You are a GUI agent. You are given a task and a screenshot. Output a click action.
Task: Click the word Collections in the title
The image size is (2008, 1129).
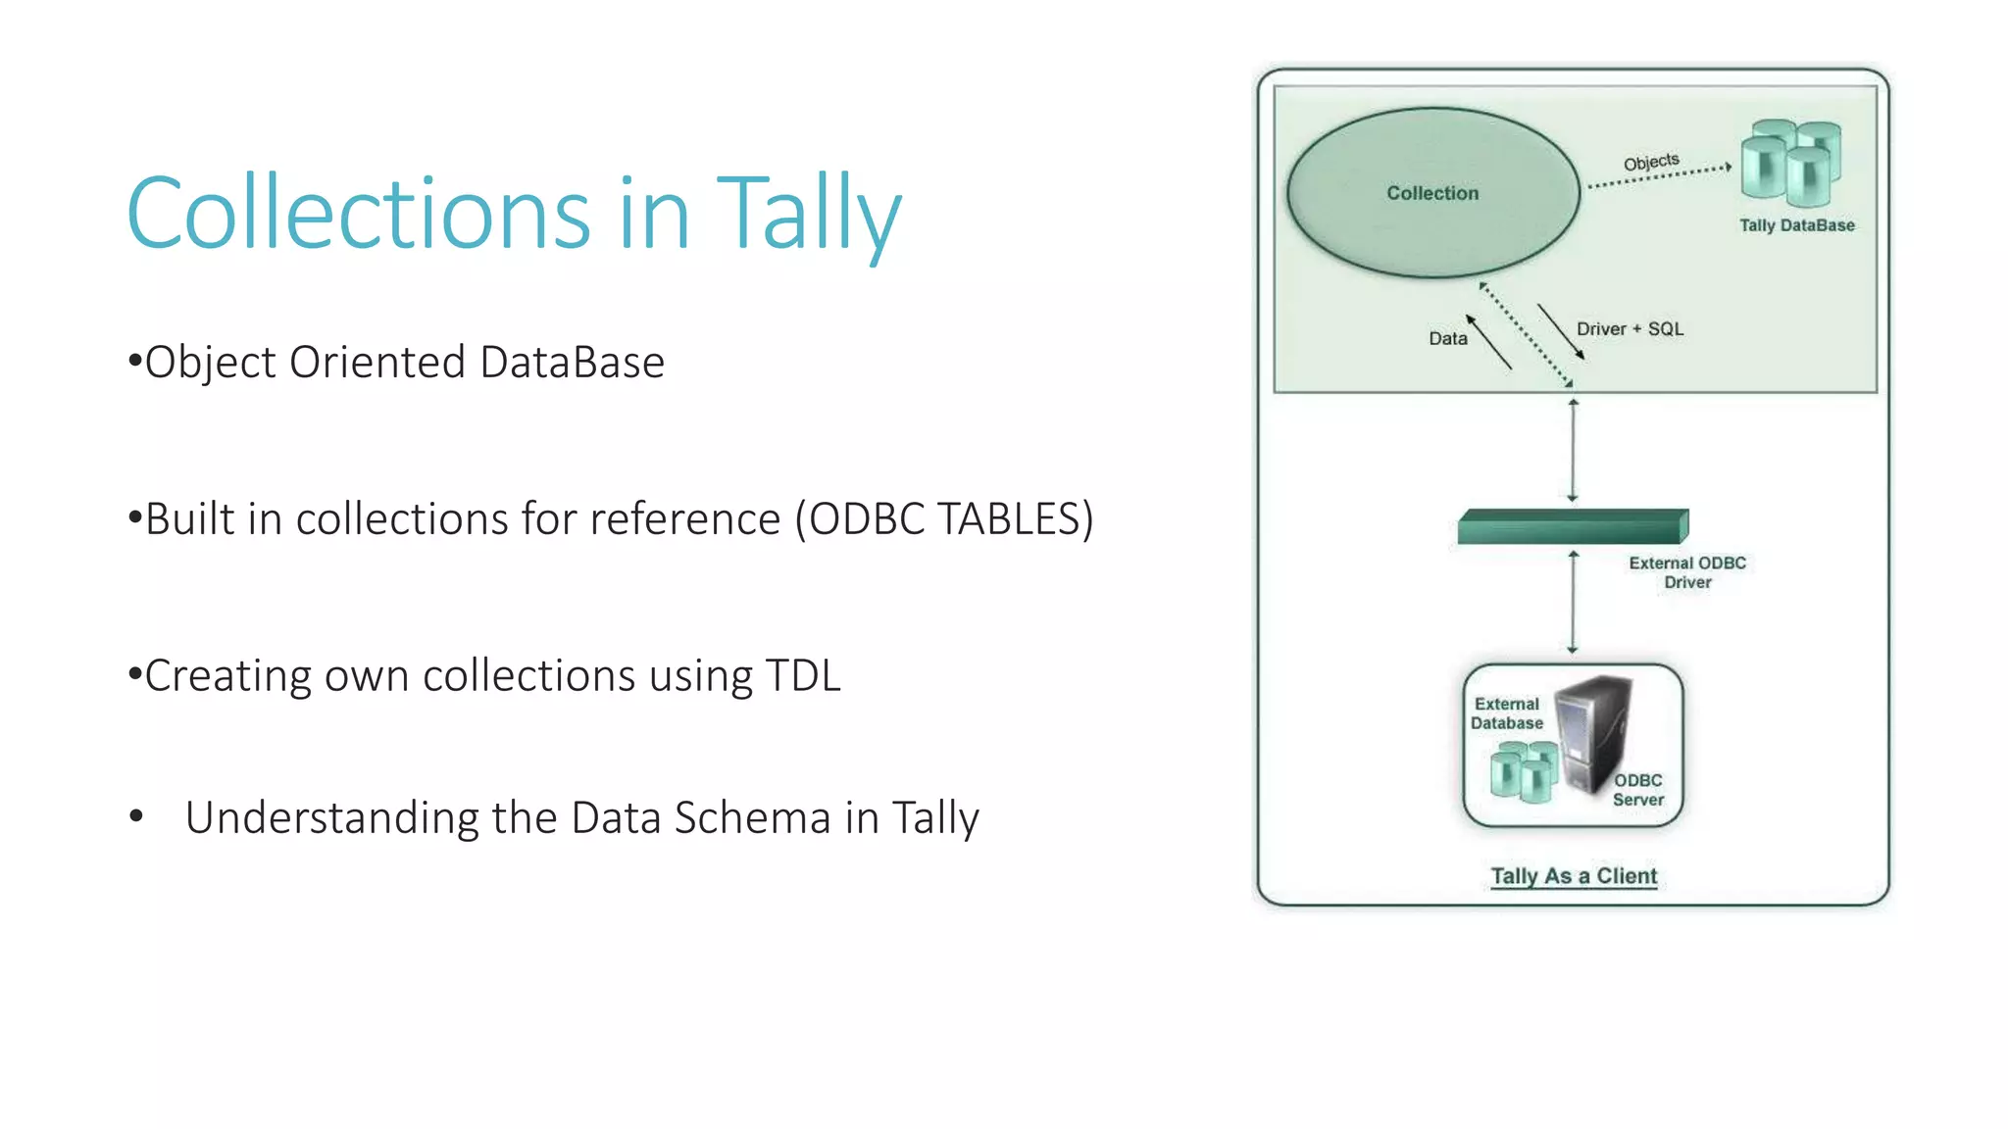(359, 214)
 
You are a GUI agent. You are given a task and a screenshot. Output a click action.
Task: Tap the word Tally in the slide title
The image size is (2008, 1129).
(808, 214)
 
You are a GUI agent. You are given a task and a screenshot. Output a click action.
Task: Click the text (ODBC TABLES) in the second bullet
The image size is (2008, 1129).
(943, 519)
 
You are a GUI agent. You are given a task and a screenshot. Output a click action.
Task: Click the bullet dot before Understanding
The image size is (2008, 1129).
(136, 816)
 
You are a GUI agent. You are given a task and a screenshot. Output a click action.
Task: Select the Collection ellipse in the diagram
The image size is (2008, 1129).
(1432, 193)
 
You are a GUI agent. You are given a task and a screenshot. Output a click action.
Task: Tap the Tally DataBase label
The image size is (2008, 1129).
(1796, 225)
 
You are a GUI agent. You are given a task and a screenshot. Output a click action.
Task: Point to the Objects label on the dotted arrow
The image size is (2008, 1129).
(1651, 162)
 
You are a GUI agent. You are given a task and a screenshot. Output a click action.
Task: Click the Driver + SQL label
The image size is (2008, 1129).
(1630, 329)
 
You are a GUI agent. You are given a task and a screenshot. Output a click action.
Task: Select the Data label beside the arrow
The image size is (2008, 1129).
(1447, 339)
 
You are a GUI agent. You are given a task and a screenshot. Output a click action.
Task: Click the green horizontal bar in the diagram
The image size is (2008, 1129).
(1572, 527)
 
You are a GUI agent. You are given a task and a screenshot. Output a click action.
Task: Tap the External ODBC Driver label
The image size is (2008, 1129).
(1686, 572)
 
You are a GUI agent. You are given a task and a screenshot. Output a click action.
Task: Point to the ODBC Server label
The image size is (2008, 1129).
(1637, 790)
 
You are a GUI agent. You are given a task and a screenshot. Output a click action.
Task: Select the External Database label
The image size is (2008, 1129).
(1507, 713)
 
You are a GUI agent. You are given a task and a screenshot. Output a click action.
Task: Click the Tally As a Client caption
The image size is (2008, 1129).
(1574, 876)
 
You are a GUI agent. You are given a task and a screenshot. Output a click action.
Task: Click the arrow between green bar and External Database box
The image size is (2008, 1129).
(1573, 603)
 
